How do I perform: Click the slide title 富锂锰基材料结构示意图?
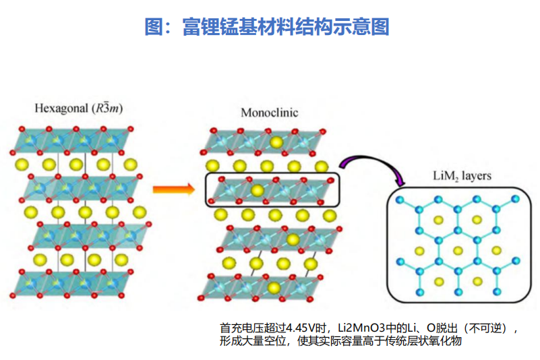pos(285,27)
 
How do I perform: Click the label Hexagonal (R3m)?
pos(78,108)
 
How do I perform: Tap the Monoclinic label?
pos(269,113)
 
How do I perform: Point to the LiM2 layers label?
pos(462,176)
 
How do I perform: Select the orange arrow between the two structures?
pos(173,189)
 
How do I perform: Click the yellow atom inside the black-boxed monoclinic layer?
pos(258,191)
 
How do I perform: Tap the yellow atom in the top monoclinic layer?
pos(276,142)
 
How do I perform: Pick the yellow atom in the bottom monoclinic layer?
pos(274,288)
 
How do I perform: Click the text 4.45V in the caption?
pos(301,328)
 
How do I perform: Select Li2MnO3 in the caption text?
pos(361,328)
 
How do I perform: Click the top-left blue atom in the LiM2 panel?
pos(400,200)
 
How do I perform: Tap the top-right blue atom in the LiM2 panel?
pos(516,199)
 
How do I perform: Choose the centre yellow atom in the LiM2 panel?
pos(458,251)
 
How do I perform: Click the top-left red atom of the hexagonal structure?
pos(22,129)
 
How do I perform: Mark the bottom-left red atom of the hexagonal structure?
pos(13,295)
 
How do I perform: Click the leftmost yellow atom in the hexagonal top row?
pos(22,164)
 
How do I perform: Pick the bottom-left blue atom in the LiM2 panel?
pos(420,293)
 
